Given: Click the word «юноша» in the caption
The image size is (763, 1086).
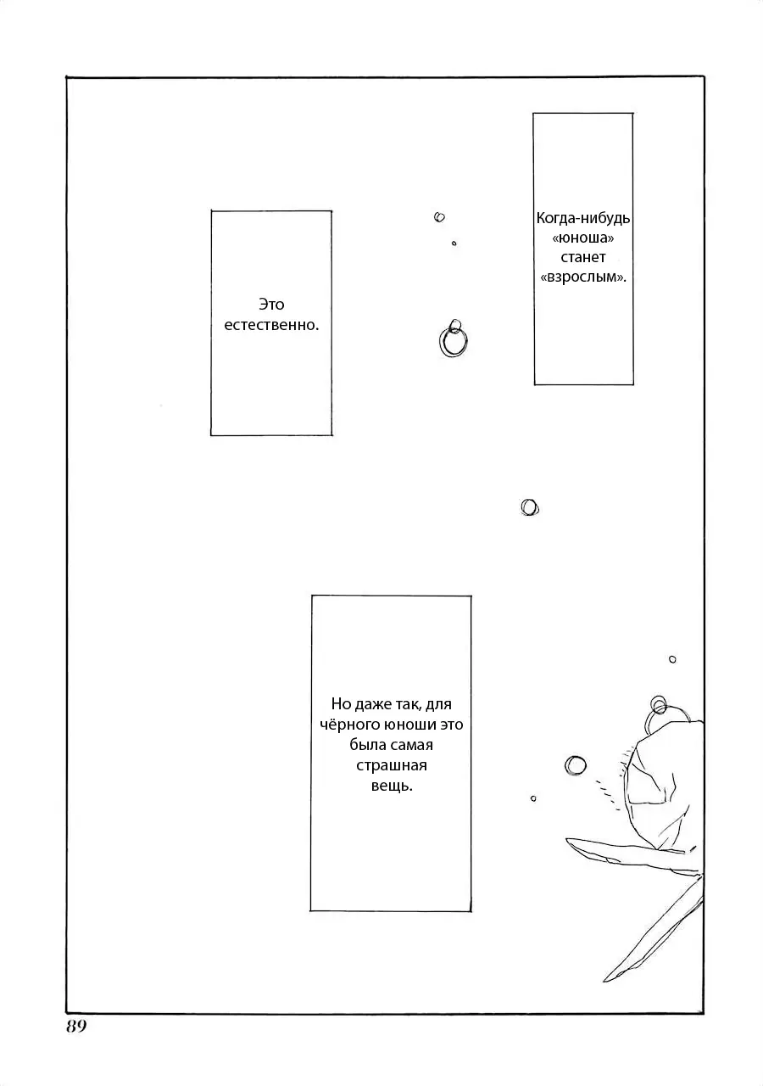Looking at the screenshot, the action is click(x=583, y=238).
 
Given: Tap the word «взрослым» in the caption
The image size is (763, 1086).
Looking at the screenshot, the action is click(x=583, y=277).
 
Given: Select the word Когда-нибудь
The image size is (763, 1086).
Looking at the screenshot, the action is click(x=583, y=218).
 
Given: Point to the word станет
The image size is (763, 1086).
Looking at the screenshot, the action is click(x=583, y=258).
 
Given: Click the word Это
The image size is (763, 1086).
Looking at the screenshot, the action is click(x=271, y=305).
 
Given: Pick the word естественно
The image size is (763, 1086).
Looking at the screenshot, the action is click(x=271, y=325).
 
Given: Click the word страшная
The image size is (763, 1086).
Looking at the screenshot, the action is click(x=392, y=765).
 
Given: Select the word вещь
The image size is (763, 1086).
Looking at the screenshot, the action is click(x=392, y=786).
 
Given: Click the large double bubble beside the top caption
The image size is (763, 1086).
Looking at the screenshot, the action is click(x=453, y=338).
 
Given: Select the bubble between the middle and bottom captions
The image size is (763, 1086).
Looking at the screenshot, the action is click(x=530, y=507).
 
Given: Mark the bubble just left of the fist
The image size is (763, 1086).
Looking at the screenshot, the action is click(x=575, y=766).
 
